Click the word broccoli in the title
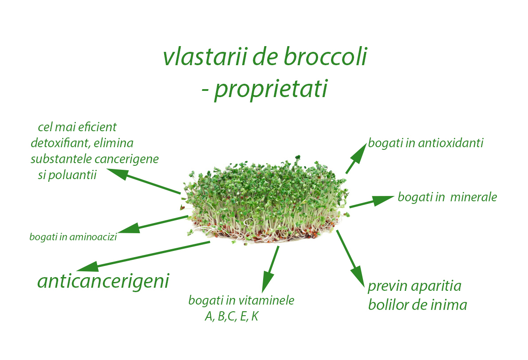[x=325, y=56]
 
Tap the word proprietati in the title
[x=271, y=90]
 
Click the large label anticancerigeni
[x=103, y=281]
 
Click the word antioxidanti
[x=450, y=143]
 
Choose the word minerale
[x=473, y=197]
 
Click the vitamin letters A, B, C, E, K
[x=232, y=316]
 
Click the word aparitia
[x=436, y=286]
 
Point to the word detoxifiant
[x=60, y=143]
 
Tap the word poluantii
[x=72, y=175]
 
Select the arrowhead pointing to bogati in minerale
[x=383, y=200]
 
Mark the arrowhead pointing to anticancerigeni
[x=88, y=267]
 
